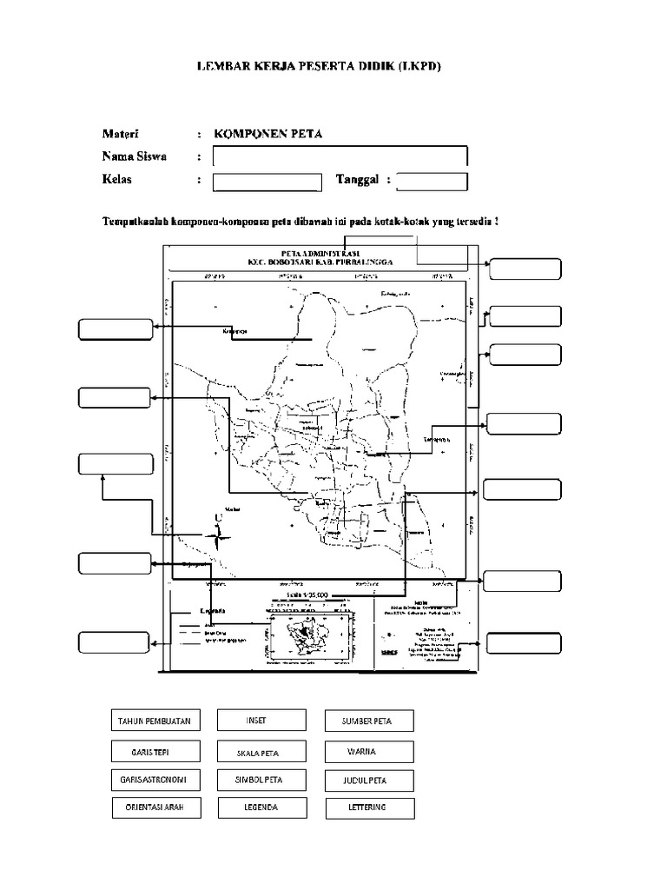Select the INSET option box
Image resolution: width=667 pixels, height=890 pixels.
(x=261, y=721)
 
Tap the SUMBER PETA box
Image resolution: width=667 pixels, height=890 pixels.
(x=370, y=721)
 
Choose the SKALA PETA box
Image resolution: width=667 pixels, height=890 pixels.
(x=261, y=751)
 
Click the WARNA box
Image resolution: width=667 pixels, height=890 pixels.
(x=370, y=751)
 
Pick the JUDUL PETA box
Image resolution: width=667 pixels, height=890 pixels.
(x=370, y=780)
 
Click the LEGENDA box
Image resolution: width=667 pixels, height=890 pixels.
(x=261, y=807)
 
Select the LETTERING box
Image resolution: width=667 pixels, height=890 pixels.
(x=370, y=807)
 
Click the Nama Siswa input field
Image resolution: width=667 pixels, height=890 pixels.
(x=340, y=156)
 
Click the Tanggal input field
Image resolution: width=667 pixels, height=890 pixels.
(x=432, y=181)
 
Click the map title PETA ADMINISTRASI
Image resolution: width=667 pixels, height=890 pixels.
(x=319, y=252)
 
